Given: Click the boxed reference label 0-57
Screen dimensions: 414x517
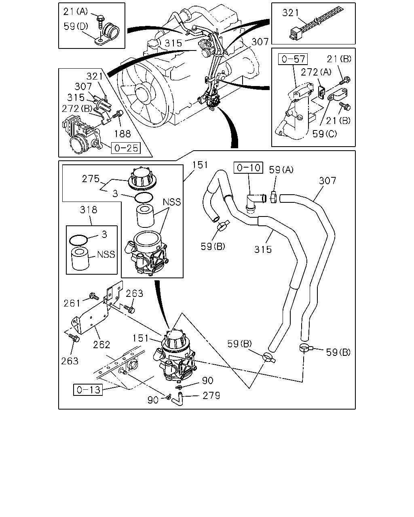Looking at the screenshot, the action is tap(293, 59).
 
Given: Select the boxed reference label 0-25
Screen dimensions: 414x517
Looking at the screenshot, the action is tap(126, 148).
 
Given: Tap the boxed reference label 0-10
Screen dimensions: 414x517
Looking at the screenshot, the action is tap(249, 168).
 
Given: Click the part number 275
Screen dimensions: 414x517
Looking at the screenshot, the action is tap(91, 179).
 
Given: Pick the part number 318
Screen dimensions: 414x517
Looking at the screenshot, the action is tap(89, 210).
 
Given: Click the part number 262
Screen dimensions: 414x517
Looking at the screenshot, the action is tap(101, 345).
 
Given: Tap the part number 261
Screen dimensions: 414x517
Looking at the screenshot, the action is tap(72, 303).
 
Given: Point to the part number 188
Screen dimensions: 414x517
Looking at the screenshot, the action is tap(123, 134).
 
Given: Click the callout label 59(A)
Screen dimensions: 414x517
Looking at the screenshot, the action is tap(281, 170).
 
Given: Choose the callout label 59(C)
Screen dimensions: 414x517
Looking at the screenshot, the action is tap(325, 134).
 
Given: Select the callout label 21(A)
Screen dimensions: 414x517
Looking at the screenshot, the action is tap(76, 11).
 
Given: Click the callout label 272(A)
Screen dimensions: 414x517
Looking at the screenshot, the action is tap(316, 72).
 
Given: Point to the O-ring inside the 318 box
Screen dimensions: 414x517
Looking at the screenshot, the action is tap(78, 240).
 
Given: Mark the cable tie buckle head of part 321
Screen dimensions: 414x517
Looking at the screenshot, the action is tap(296, 34).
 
